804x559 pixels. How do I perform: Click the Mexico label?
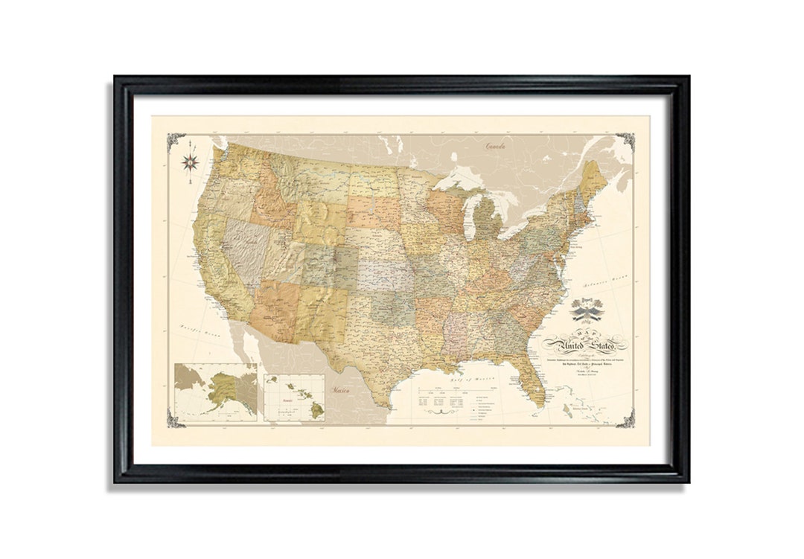pos(344,389)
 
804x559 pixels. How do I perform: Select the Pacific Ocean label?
pos(197,332)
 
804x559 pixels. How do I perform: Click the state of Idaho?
pos(268,201)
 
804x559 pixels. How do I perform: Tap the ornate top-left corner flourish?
pos(176,141)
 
